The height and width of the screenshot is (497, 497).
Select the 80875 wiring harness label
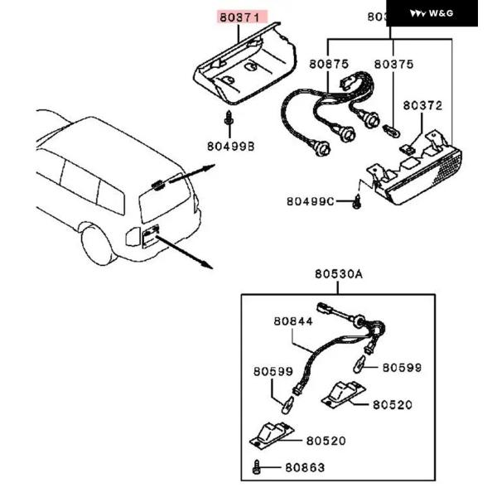pos(330,64)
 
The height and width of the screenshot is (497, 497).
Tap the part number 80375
pos(393,64)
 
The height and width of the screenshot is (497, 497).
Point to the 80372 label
pos(422,105)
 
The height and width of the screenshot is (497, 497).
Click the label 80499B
pos(230,146)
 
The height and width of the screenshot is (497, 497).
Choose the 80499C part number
pos(311,201)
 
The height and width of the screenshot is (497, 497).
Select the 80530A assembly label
pos(338,275)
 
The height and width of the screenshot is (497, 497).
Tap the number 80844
pos(293,321)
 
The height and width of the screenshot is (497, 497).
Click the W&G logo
pos(432,13)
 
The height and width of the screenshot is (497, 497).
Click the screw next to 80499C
pos(356,201)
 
